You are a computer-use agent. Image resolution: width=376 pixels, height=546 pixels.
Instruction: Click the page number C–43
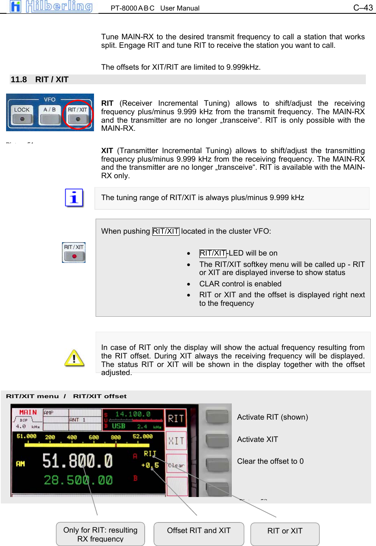point(363,8)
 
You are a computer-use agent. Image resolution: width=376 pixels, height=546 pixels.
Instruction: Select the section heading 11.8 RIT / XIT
point(40,79)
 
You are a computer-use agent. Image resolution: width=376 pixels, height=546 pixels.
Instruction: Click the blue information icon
point(74,198)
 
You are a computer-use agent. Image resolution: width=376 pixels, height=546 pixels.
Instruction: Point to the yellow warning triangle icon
point(74,358)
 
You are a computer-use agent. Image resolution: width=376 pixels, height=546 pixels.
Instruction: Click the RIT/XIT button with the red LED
point(74,252)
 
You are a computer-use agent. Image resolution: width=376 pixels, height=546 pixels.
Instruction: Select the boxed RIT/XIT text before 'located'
point(166,231)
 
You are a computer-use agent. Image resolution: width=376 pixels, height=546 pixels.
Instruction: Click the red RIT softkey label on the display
point(176,418)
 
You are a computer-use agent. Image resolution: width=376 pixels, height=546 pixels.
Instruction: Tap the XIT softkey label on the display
point(176,441)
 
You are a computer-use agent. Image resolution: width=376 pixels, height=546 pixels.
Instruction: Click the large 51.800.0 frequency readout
point(77,461)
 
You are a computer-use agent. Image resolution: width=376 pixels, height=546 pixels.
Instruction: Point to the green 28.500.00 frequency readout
point(78,480)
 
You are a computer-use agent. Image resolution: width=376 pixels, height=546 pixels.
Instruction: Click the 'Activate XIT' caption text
point(257,439)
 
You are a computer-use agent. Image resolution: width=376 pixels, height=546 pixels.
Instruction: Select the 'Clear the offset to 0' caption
point(270,461)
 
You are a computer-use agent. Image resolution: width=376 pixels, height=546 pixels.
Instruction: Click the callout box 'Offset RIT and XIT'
point(199,534)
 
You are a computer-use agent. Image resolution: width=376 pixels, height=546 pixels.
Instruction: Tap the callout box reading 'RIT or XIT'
point(285,534)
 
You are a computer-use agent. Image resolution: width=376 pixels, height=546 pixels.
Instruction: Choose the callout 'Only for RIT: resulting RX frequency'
point(100,534)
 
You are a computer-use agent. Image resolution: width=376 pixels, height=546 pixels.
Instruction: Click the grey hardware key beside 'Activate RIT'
point(218,417)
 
